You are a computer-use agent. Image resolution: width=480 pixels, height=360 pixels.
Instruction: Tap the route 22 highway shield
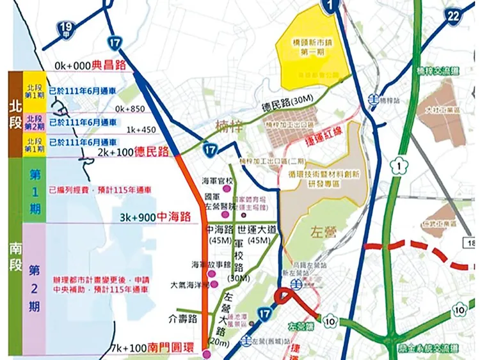coord(453,14)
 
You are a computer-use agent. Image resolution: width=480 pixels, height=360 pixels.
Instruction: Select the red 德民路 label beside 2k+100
coord(148,152)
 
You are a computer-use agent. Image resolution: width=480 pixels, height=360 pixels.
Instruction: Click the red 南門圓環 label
coord(172,348)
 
